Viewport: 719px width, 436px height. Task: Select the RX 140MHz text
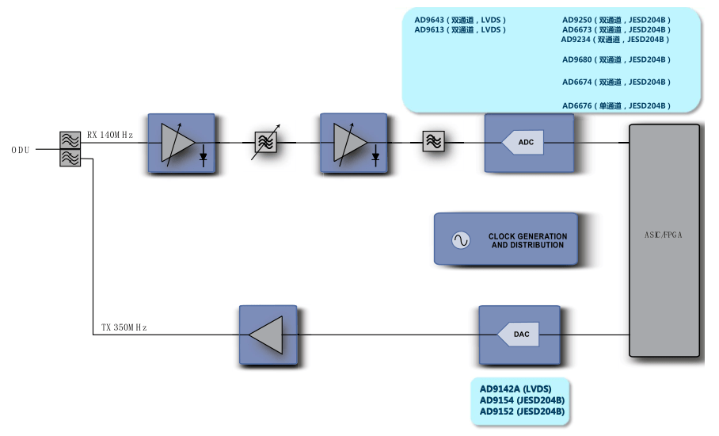pyautogui.click(x=109, y=135)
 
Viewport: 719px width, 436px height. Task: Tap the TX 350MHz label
pyautogui.click(x=124, y=327)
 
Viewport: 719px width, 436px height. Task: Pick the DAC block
pyautogui.click(x=520, y=335)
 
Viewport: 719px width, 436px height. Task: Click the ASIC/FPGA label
pyautogui.click(x=664, y=235)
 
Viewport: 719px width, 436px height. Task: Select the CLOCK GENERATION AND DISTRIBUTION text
pyautogui.click(x=527, y=241)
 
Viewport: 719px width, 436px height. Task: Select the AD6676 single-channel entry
pyautogui.click(x=616, y=105)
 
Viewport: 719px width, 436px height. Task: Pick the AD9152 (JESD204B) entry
pyautogui.click(x=522, y=411)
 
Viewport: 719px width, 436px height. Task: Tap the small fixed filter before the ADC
pyautogui.click(x=433, y=141)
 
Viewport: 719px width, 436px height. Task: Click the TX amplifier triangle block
pyautogui.click(x=268, y=335)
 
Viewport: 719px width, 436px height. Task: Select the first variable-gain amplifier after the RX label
pyautogui.click(x=181, y=143)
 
